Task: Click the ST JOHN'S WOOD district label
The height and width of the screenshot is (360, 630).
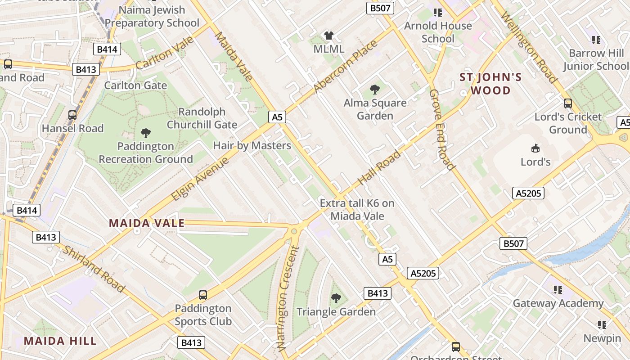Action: pyautogui.click(x=490, y=84)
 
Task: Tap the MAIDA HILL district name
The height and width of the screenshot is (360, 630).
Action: pyautogui.click(x=60, y=341)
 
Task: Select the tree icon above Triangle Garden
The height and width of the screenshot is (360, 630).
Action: pyautogui.click(x=336, y=298)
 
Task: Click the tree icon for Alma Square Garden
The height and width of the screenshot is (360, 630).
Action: pyautogui.click(x=374, y=90)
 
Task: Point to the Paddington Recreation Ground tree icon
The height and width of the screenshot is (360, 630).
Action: pyautogui.click(x=145, y=133)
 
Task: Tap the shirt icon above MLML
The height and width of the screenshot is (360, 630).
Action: pyautogui.click(x=329, y=36)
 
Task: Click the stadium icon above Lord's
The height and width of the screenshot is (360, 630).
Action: pyautogui.click(x=535, y=148)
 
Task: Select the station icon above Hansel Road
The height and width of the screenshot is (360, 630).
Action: pyautogui.click(x=72, y=115)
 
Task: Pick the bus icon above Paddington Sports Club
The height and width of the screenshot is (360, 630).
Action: pyautogui.click(x=203, y=295)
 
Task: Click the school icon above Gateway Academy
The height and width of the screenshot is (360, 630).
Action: pyautogui.click(x=558, y=290)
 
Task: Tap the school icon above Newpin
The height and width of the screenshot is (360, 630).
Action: pyautogui.click(x=602, y=324)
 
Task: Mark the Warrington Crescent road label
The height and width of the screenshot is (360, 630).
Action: pyautogui.click(x=287, y=299)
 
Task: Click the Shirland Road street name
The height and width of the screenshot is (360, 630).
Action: pyautogui.click(x=94, y=269)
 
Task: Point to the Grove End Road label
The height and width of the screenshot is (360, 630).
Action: pyautogui.click(x=442, y=130)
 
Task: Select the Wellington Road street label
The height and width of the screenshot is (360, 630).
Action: pyautogui.click(x=529, y=48)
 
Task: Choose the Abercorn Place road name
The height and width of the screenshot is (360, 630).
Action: pyautogui.click(x=345, y=67)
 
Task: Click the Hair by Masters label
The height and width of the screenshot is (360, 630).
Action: pyautogui.click(x=252, y=145)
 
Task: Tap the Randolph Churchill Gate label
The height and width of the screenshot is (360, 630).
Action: pyautogui.click(x=202, y=118)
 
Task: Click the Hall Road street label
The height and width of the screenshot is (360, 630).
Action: pyautogui.click(x=379, y=168)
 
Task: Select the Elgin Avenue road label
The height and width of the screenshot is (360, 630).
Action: pyautogui.click(x=200, y=179)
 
